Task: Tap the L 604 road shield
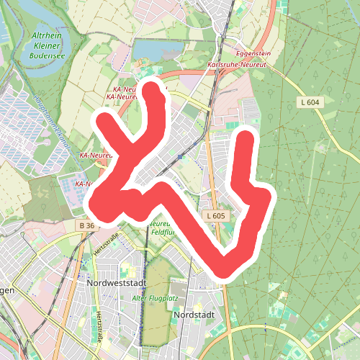[309, 103]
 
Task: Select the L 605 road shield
[215, 216]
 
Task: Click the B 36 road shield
[86, 226]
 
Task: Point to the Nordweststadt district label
[115, 284]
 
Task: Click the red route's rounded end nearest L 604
[246, 139]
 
